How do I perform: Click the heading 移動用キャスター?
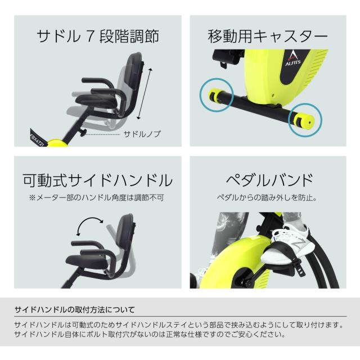click(268, 37)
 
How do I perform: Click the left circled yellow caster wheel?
click(215, 94)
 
